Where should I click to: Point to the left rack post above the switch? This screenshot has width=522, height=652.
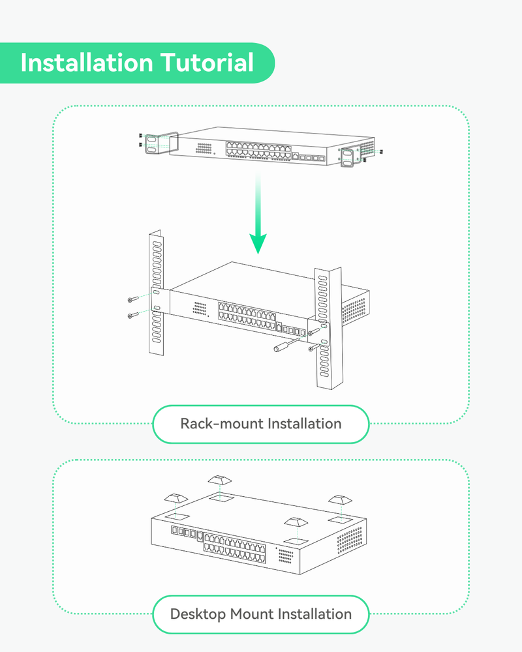click(x=156, y=258)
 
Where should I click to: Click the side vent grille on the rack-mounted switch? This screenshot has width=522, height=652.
click(x=356, y=310)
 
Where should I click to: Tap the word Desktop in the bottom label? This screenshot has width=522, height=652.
click(x=197, y=614)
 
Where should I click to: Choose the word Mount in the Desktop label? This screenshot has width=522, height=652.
click(x=251, y=614)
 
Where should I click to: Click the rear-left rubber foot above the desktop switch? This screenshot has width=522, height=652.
click(x=219, y=481)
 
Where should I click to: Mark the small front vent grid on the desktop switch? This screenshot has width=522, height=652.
click(x=285, y=556)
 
